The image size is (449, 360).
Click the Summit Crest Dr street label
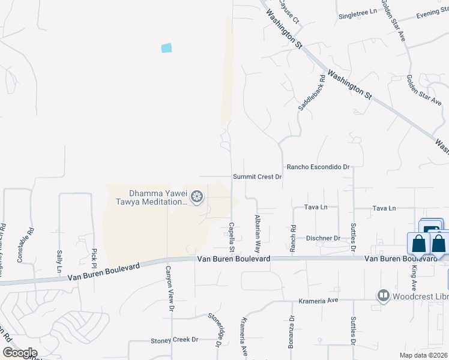(258, 177)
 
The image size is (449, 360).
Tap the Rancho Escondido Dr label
(318, 167)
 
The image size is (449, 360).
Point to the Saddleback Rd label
(312, 92)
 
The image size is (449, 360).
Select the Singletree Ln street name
(358, 12)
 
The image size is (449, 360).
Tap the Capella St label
(231, 236)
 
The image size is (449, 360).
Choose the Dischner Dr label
(322, 238)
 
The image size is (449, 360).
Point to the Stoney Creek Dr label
(174, 340)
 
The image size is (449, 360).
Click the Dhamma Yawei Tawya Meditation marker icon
(197, 197)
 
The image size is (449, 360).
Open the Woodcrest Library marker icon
(383, 296)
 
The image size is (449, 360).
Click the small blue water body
(166, 48)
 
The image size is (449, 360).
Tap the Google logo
(20, 352)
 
